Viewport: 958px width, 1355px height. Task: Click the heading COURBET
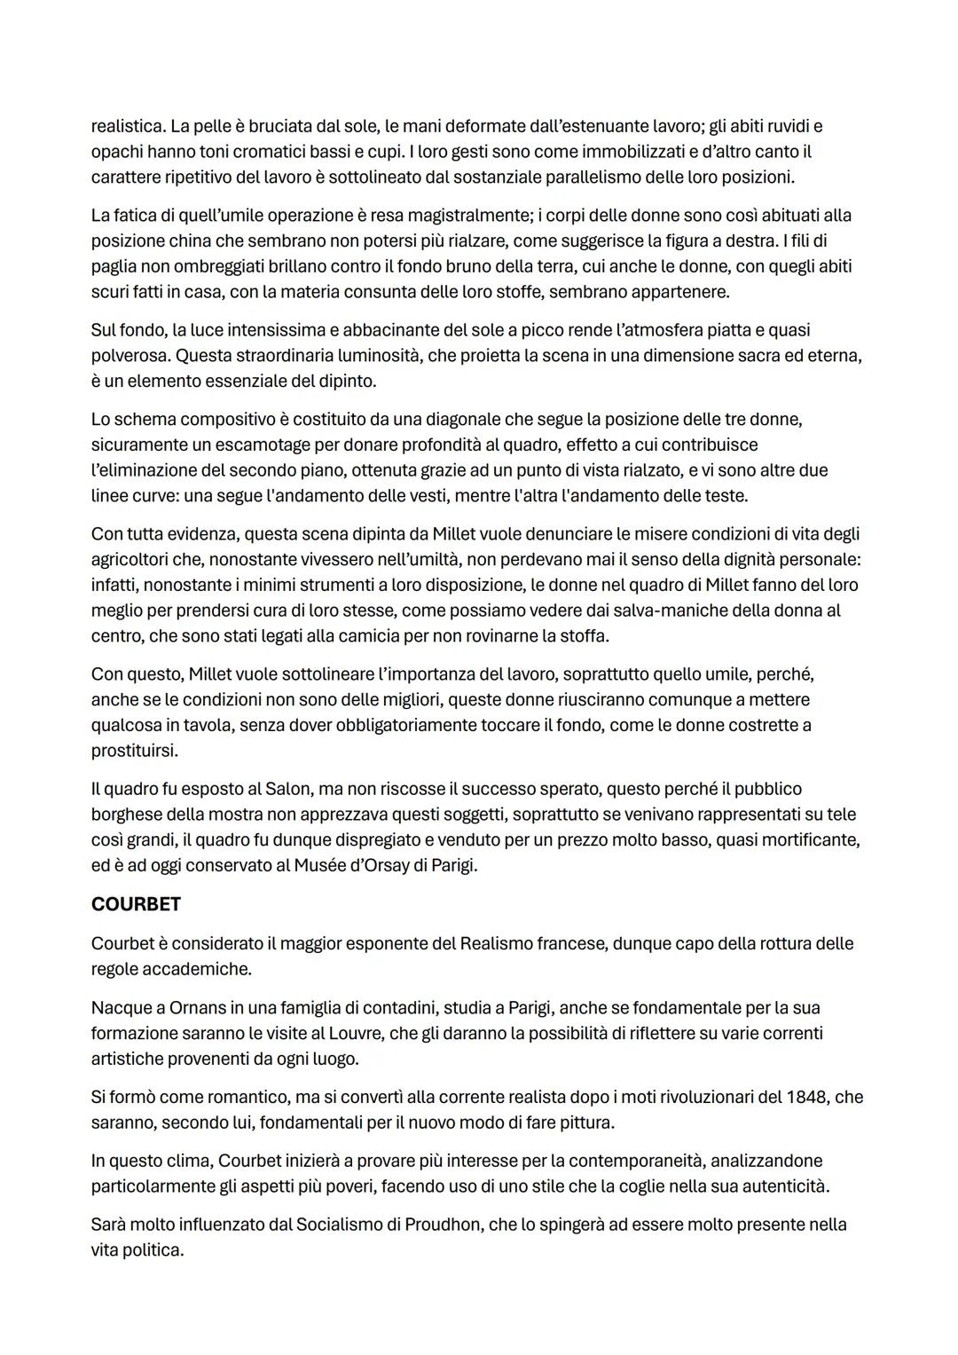pyautogui.click(x=136, y=904)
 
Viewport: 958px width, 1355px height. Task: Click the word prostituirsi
pyautogui.click(x=135, y=750)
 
